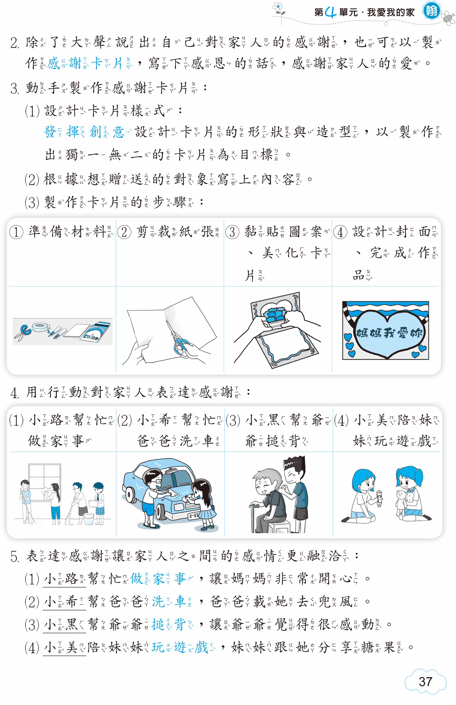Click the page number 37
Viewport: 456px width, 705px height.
425,681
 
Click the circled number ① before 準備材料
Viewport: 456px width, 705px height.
16,232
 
